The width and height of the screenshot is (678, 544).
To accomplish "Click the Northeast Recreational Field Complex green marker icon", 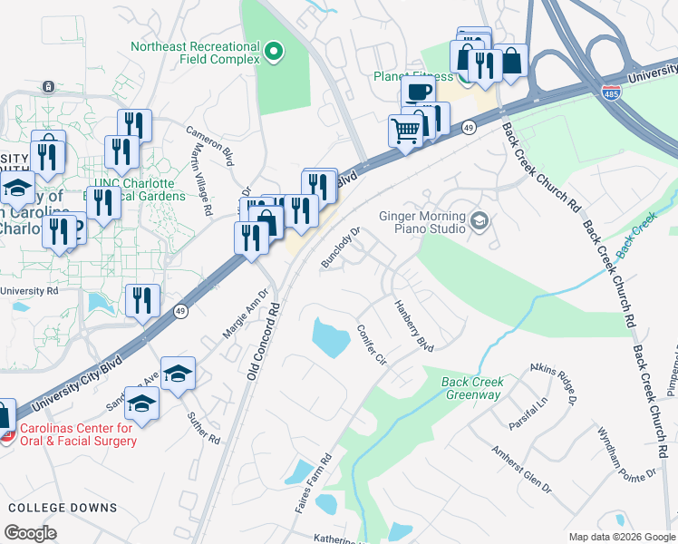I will click(274, 53).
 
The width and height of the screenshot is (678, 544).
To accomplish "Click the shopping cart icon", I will click(405, 130).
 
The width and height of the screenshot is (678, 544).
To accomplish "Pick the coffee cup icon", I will click(418, 92).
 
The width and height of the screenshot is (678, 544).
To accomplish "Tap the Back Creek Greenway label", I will click(472, 388).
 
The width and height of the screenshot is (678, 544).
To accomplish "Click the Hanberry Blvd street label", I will click(413, 326).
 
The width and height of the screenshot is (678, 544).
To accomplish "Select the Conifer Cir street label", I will click(372, 345).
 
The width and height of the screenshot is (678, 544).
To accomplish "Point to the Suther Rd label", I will click(203, 426).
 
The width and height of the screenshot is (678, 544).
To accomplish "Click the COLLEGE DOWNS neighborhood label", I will click(62, 508).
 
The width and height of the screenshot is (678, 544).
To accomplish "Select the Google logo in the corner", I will click(31, 533).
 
